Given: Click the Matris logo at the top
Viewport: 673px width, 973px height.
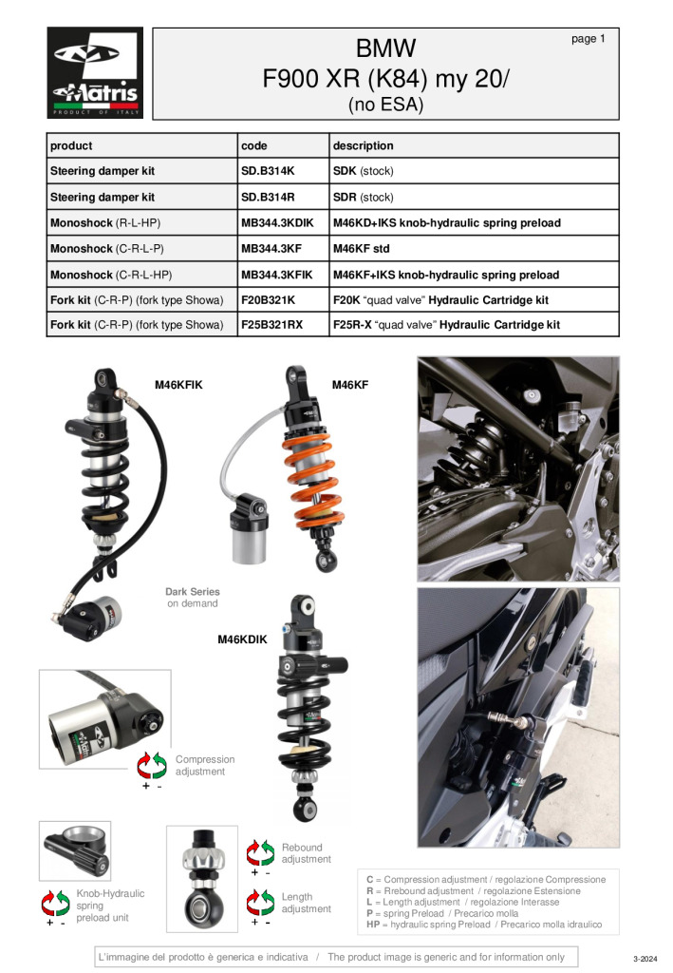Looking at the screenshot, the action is [95, 72].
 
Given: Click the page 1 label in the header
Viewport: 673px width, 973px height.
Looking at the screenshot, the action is [589, 38].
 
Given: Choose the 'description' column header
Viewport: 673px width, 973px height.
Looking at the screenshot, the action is [364, 145].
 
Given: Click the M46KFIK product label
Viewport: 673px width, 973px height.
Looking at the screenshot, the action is [178, 385].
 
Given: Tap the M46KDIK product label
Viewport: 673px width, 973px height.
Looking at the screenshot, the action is [242, 639].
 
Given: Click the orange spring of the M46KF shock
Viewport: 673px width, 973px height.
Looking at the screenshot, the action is [313, 480].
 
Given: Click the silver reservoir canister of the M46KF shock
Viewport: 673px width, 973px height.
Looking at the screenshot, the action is [249, 539].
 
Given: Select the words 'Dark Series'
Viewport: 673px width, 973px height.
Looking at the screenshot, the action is [192, 592].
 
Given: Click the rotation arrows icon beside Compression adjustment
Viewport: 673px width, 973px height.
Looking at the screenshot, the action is [152, 765].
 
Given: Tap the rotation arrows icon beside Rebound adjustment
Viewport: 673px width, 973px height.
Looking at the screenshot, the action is [260, 853].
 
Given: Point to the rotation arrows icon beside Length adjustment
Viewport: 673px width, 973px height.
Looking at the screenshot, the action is [260, 903].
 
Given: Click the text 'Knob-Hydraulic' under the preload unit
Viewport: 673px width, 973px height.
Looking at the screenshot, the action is [110, 893].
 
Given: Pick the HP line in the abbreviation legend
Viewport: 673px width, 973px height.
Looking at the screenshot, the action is [484, 925].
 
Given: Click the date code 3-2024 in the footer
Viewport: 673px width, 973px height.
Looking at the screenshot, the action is [645, 959].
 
